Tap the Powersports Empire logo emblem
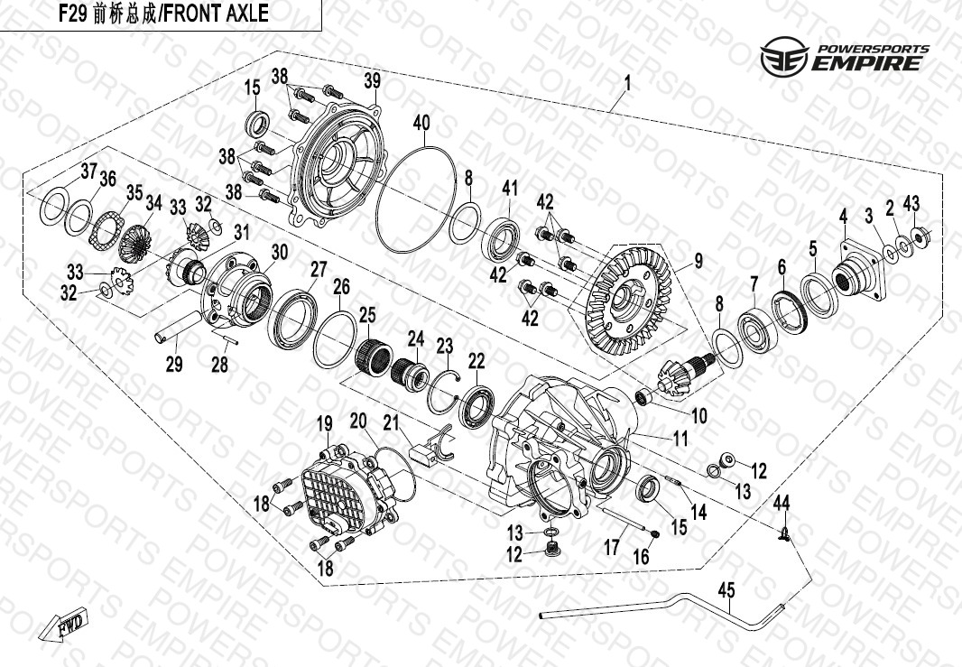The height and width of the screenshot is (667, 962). (x=784, y=57)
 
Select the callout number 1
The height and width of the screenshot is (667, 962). (x=627, y=83)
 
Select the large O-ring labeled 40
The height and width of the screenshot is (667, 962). (x=417, y=199)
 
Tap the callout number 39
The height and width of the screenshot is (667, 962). (x=373, y=81)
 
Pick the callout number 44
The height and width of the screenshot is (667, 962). (x=781, y=503)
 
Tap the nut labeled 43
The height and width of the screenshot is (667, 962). (x=919, y=235)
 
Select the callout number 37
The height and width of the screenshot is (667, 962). (x=89, y=171)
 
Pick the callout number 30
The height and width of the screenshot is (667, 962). (x=279, y=252)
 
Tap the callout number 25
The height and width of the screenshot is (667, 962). (x=367, y=315)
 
